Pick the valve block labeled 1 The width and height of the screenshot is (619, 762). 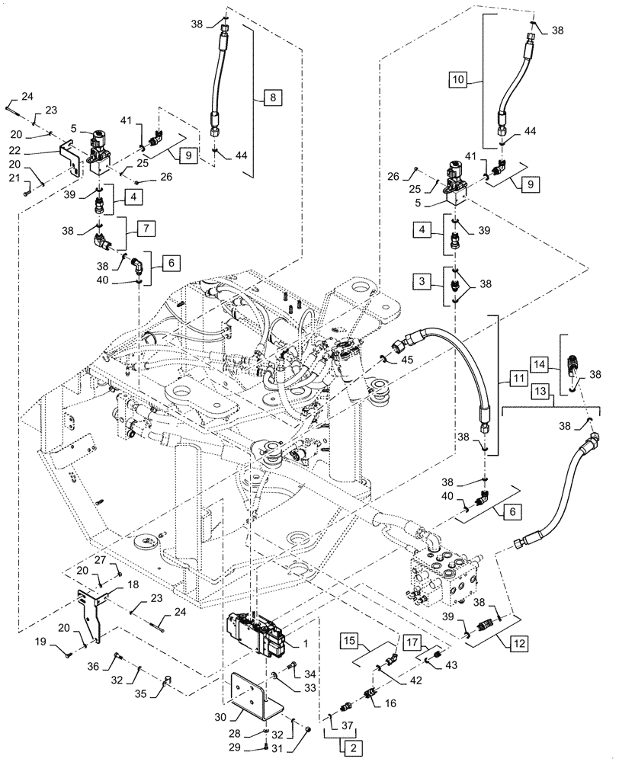pyautogui.click(x=259, y=632)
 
